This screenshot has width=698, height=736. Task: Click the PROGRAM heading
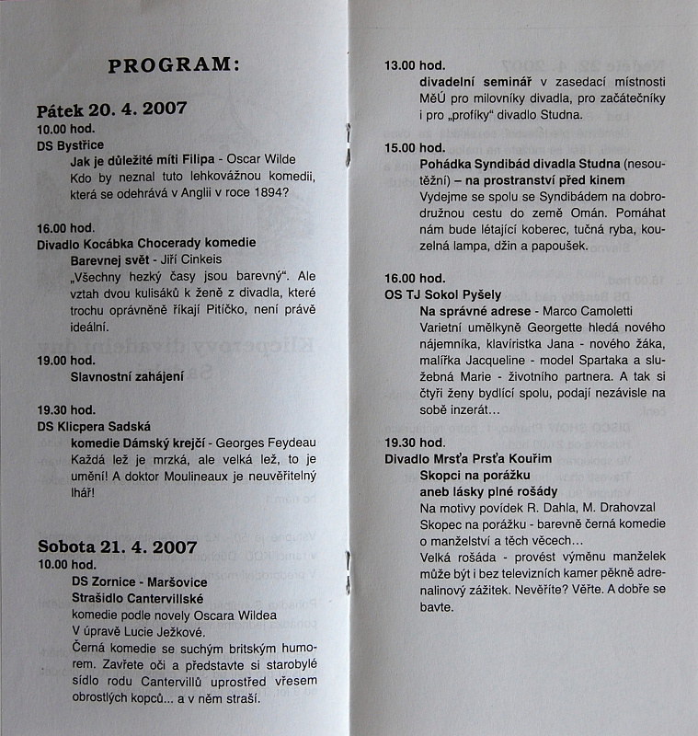tap(173, 65)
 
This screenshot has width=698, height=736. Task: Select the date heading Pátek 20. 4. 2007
tap(111, 109)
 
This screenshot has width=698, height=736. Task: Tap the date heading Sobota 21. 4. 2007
tap(117, 546)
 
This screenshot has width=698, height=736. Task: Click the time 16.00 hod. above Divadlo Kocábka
tap(65, 227)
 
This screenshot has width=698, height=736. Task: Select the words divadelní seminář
tap(469, 82)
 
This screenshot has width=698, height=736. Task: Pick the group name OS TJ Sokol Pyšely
tap(444, 294)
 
